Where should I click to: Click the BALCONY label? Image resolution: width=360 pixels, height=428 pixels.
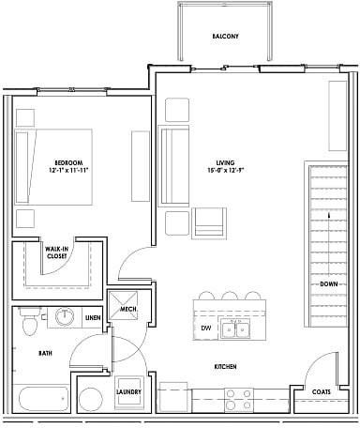(x=225, y=37)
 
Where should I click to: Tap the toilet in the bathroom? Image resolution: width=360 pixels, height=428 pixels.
(x=29, y=323)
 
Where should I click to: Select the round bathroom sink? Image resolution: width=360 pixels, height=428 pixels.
(x=66, y=317)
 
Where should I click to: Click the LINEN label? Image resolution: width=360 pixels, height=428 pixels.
(x=93, y=318)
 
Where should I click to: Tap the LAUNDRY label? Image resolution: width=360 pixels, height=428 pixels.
(x=128, y=391)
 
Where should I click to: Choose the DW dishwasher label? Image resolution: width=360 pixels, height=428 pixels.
(x=206, y=329)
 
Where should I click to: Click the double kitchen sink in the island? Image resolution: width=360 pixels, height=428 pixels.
(x=234, y=329)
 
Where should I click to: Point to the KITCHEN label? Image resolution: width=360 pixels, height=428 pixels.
(x=225, y=367)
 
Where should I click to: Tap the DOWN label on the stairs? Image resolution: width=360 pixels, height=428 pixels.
(x=328, y=283)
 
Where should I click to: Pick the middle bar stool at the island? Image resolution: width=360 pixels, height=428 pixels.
(x=229, y=298)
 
